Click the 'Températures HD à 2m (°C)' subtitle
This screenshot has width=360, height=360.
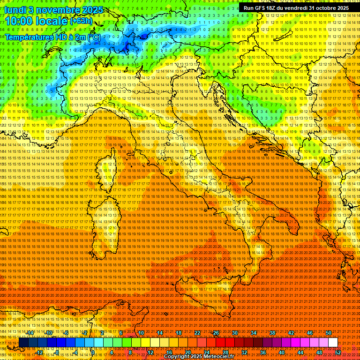click(x=52, y=37)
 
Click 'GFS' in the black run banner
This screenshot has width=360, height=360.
click(x=261, y=8)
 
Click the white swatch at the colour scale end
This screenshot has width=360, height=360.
click(x=333, y=343)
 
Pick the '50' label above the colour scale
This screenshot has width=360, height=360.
click(x=329, y=333)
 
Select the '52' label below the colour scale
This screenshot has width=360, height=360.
click(x=338, y=352)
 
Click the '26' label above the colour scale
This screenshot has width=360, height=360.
click(x=216, y=333)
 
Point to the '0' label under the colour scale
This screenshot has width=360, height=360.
click(x=93, y=352)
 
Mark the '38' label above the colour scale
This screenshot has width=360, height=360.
click(x=272, y=333)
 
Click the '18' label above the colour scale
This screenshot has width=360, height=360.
click(x=179, y=333)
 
